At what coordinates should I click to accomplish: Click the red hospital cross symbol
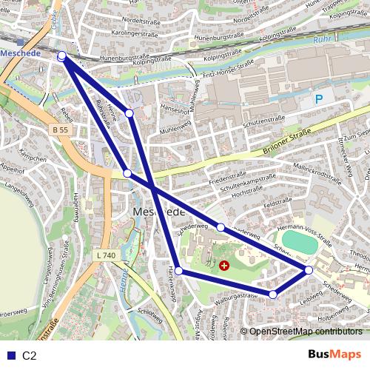(x=224, y=264)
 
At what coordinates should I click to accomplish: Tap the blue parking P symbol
(x=319, y=99)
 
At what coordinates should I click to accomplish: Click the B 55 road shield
(x=61, y=129)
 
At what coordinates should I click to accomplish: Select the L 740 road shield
(x=106, y=255)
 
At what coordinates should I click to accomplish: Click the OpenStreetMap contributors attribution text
(x=306, y=332)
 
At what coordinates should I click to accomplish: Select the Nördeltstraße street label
(x=144, y=21)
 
